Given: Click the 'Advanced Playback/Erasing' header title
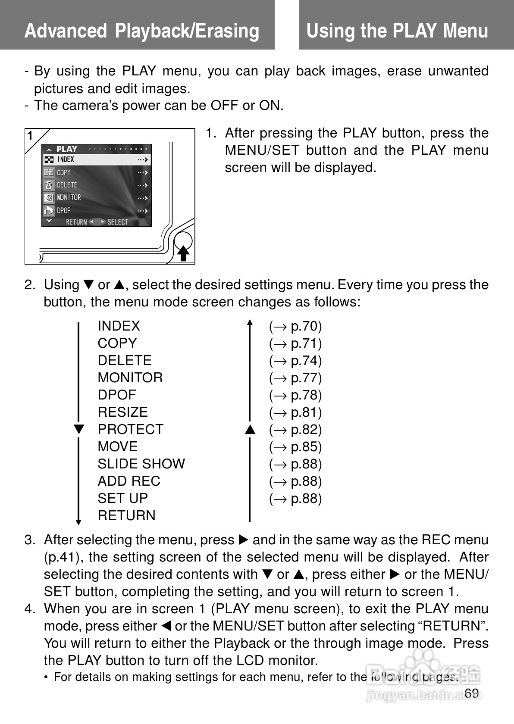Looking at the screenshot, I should click(x=142, y=31).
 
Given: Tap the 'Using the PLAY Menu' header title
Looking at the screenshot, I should click(x=397, y=31).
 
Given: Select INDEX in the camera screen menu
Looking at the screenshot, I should click(x=66, y=159).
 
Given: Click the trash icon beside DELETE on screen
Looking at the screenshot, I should click(x=48, y=185).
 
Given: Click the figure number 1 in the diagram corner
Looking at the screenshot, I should click(x=30, y=136).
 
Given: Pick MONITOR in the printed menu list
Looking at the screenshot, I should click(x=130, y=378).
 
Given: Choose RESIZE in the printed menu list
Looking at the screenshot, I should click(x=122, y=412).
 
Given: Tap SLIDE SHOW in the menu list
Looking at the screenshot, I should click(x=141, y=464).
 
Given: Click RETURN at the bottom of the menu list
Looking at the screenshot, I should click(x=126, y=516).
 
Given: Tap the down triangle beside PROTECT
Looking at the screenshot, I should click(x=78, y=430).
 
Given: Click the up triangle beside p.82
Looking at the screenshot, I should click(x=250, y=430).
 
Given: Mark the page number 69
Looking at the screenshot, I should click(x=472, y=693).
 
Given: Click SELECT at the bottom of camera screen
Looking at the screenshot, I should click(x=117, y=222).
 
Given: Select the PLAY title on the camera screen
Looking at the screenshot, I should click(x=67, y=149).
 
